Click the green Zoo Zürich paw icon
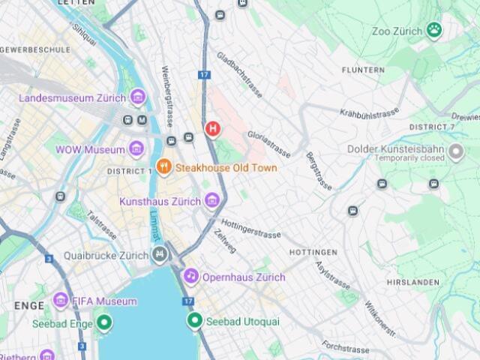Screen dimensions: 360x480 click(x=434, y=30)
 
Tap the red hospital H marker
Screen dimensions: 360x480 click(x=213, y=129)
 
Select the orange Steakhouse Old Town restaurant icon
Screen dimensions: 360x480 click(x=163, y=167)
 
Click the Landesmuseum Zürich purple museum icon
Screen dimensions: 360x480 click(x=137, y=97)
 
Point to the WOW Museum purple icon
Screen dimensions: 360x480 click(x=136, y=148)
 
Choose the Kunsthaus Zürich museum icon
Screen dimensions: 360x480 click(x=212, y=200)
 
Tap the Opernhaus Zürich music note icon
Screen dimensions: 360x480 click(x=191, y=277)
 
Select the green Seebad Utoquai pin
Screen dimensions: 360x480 click(x=194, y=321)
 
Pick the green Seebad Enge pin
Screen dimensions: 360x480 click(x=104, y=323)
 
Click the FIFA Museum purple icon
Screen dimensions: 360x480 click(x=61, y=301)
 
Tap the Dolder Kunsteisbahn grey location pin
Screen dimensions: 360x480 click(x=456, y=153)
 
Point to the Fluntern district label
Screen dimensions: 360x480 click(x=363, y=70)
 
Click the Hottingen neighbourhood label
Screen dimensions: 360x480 click(x=313, y=252)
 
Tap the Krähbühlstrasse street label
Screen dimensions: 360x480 click(x=369, y=113)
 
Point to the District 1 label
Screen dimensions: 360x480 click(x=129, y=171)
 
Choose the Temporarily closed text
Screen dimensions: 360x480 click(x=407, y=159)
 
